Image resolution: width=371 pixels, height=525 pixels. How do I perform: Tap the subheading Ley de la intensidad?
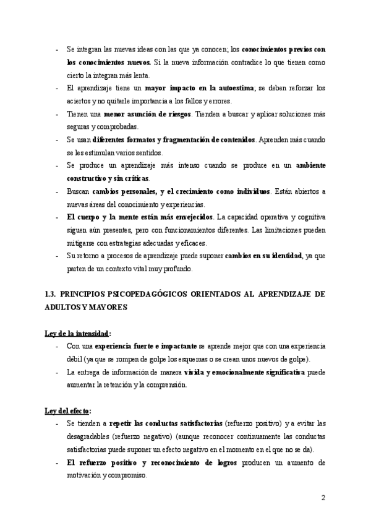[x=77, y=333]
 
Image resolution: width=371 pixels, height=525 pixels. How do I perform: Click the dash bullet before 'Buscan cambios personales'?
[x=57, y=192]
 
